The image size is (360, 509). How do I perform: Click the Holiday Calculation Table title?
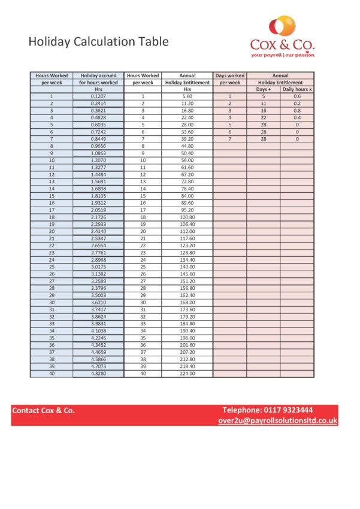point(99,42)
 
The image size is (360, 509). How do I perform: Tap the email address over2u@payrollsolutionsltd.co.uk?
point(278,420)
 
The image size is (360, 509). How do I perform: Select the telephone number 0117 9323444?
point(267,410)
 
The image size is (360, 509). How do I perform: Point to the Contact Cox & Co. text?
point(44,411)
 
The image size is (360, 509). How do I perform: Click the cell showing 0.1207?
point(98,96)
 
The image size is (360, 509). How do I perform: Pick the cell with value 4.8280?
point(98,374)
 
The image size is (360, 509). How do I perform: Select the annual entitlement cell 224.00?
point(187,374)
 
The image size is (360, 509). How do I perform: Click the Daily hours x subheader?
point(297,89)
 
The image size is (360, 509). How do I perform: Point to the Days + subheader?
point(264,89)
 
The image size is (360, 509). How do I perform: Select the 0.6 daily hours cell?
point(297,96)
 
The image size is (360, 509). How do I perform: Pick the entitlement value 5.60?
point(187,96)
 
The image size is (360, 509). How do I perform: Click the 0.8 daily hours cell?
point(297,111)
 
